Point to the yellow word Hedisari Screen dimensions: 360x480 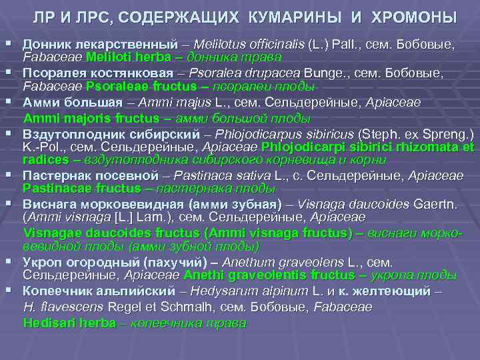tap(47, 323)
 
